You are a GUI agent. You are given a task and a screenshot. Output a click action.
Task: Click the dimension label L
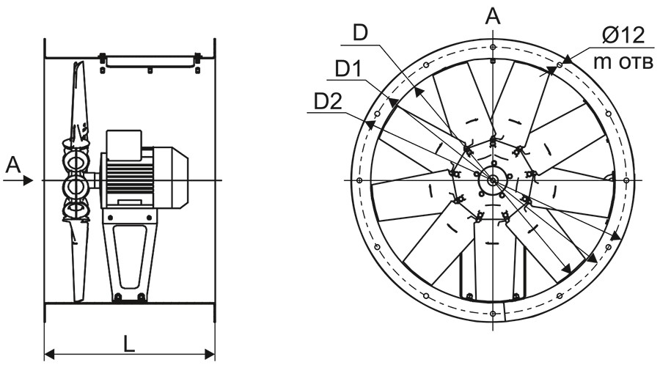tap(129, 344)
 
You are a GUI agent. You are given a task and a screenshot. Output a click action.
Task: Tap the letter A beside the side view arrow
tap(13, 165)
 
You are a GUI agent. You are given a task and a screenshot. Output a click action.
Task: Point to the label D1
tap(348, 70)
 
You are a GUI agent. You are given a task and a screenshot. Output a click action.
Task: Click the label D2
tap(329, 102)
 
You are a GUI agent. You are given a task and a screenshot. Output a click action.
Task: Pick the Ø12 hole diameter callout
tap(623, 35)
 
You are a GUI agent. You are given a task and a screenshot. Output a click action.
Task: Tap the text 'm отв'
tap(624, 62)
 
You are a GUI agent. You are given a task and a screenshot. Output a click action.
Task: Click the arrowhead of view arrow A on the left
tap(28, 180)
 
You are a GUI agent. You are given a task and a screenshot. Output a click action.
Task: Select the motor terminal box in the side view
tap(124, 145)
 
